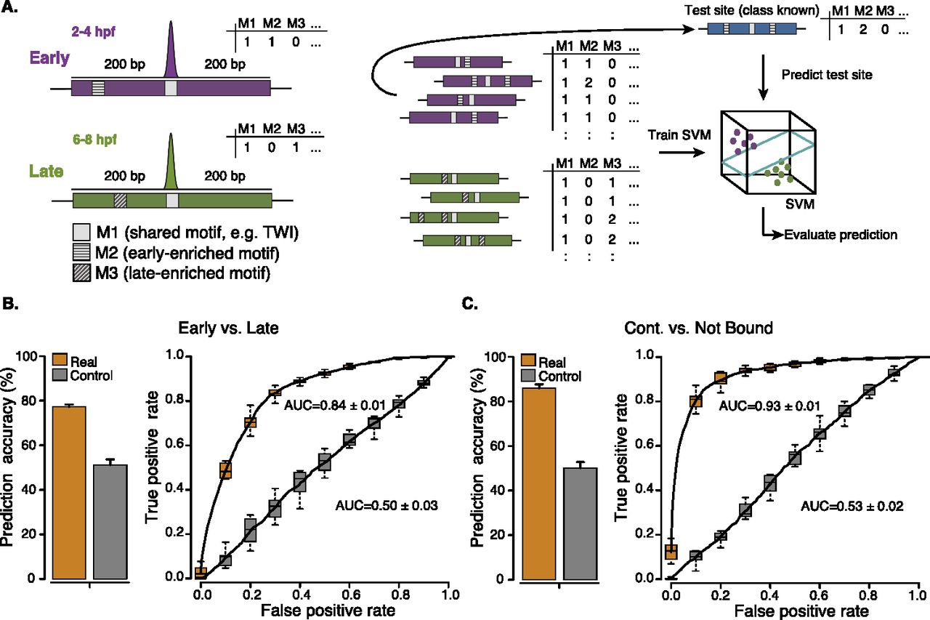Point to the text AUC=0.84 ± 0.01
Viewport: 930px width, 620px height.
tap(328, 403)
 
